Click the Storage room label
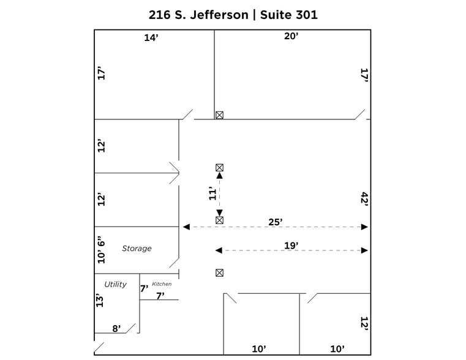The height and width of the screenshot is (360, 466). point(137,249)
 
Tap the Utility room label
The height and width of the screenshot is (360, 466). point(115,284)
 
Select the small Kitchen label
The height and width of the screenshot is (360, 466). point(162,284)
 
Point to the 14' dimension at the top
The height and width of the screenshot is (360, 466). point(151,37)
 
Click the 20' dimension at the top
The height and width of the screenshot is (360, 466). point(291,36)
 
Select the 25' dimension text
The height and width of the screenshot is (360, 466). point(275,222)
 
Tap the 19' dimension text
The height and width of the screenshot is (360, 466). point(291,245)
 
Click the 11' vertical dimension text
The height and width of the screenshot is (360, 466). point(212,193)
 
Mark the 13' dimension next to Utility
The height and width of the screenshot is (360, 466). point(99,300)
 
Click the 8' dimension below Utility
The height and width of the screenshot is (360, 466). point(116,328)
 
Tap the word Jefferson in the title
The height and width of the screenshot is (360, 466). point(214,15)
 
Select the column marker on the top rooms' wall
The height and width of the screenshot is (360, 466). point(219,115)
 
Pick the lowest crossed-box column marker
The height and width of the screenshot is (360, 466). point(219,273)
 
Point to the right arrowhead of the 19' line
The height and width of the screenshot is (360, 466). point(364,250)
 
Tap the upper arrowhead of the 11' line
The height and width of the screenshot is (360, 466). point(219,176)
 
